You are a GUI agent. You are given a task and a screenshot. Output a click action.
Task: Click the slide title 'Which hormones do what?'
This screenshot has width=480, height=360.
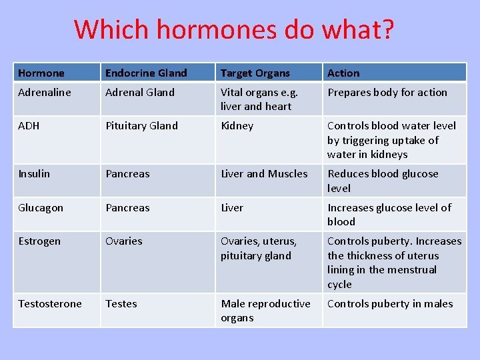[x=234, y=29]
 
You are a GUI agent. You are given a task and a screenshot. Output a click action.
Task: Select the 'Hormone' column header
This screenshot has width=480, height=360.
[x=41, y=73]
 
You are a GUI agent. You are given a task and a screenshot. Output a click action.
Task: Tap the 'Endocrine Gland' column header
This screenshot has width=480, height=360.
[x=146, y=73]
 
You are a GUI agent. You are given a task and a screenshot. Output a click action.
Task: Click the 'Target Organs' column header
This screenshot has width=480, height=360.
[x=255, y=73]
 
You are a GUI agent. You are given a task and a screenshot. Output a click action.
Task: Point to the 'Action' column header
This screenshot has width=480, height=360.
[x=343, y=73]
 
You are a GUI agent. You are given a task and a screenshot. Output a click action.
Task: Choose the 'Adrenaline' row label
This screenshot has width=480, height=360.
[x=44, y=93]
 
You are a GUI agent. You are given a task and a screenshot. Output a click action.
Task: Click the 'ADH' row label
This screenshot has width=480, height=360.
[x=29, y=126]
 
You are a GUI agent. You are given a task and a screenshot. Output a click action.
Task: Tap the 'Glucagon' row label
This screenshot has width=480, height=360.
[x=41, y=208]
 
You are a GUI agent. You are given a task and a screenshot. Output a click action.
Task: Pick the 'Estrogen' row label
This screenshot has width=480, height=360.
[x=39, y=241]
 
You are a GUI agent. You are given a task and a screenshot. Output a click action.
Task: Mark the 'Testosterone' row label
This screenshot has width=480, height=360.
[x=50, y=304]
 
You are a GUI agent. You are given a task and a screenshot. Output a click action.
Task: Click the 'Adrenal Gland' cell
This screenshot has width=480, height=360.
[x=140, y=93]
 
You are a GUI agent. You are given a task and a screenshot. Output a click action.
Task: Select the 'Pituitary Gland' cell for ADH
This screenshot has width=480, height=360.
[x=141, y=126]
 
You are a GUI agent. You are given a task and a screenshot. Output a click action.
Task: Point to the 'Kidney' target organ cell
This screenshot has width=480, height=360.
[x=237, y=126]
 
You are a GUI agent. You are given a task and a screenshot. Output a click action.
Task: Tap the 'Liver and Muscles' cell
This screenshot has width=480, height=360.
[x=264, y=174]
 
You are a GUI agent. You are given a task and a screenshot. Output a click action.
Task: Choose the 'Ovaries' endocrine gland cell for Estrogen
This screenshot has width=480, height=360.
[x=124, y=241]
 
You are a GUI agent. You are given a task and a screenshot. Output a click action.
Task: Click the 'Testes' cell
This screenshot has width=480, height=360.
[x=121, y=304]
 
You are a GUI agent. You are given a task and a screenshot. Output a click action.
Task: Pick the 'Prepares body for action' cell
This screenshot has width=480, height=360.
[x=387, y=93]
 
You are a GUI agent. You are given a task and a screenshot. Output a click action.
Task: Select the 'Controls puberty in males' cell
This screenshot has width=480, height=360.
[x=390, y=304]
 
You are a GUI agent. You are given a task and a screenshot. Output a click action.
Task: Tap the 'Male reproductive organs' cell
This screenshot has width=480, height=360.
[x=265, y=311]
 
